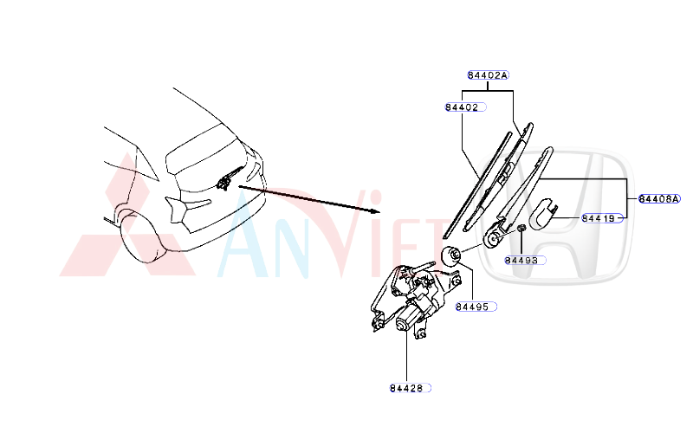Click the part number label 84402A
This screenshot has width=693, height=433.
[x=488, y=75]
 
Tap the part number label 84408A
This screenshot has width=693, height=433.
[x=659, y=199]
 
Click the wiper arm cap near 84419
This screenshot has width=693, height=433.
[x=543, y=214]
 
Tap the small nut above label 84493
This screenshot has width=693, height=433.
[x=521, y=228]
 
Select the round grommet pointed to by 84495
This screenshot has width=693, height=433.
[x=451, y=256]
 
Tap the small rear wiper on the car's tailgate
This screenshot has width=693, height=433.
[x=230, y=178]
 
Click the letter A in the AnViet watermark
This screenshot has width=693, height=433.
[x=243, y=232]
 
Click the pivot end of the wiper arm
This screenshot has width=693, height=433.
[x=493, y=237]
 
